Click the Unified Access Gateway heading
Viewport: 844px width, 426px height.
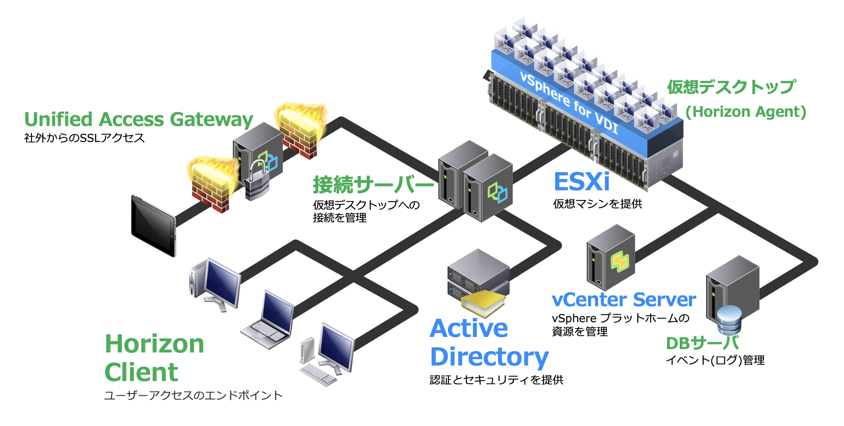point(139,119)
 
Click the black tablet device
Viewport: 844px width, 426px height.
point(153,226)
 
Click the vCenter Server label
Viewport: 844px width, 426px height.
point(624,300)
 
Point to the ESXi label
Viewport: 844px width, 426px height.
point(582,181)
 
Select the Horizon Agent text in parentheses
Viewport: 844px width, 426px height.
point(746,112)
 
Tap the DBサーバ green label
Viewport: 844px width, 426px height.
point(702,343)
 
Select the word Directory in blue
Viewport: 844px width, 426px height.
point(489,357)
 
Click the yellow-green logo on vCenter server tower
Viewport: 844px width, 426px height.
point(619,262)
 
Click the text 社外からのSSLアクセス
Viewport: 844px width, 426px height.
point(84,138)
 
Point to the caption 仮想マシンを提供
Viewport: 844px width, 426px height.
point(597,204)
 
